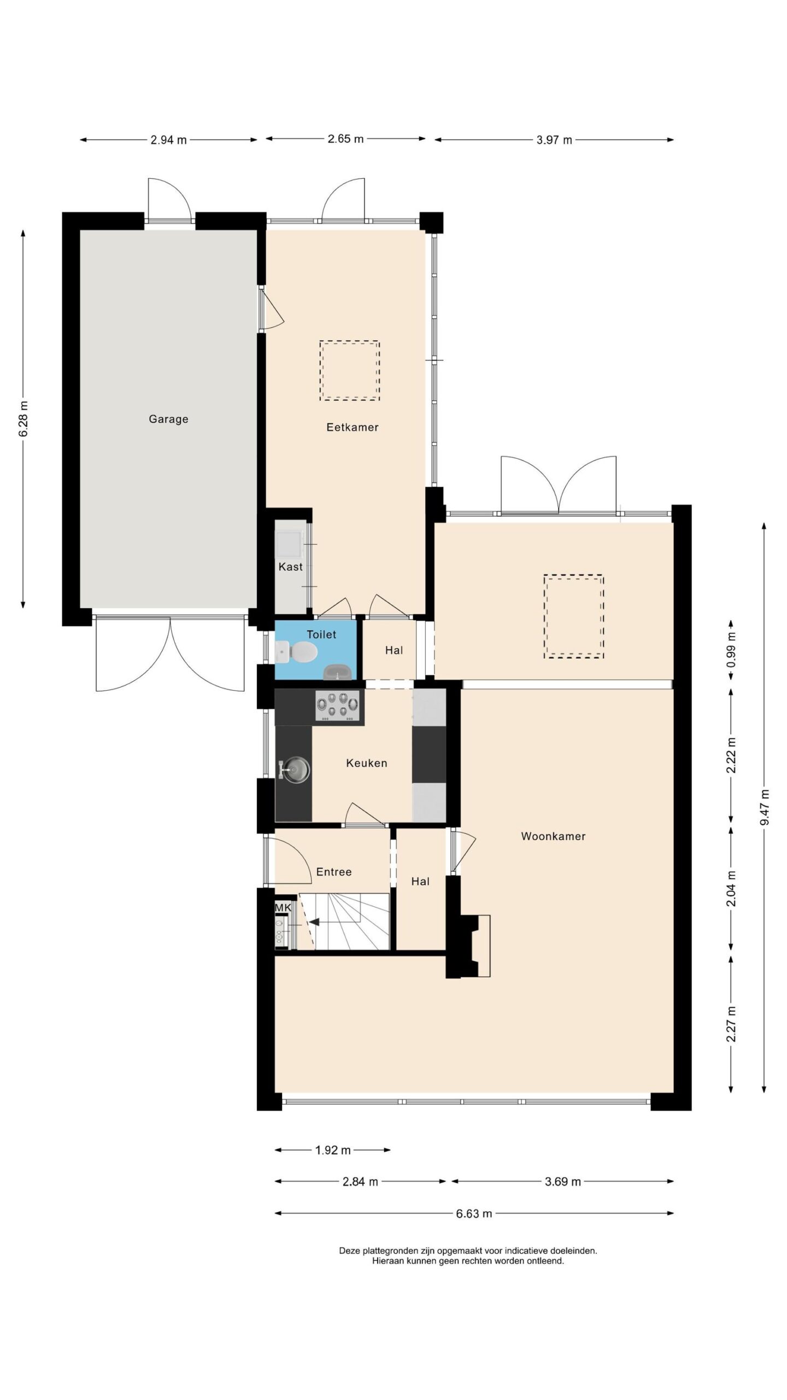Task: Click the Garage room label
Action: coord(168,419)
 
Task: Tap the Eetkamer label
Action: coord(353,427)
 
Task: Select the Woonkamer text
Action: coord(553,836)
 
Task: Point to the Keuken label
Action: coord(367,763)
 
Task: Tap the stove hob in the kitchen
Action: coord(339,707)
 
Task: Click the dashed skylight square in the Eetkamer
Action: coord(350,371)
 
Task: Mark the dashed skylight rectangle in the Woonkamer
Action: coord(573,616)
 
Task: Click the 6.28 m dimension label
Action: coord(24,418)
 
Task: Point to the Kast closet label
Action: coord(290,567)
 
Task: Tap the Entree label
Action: coord(333,872)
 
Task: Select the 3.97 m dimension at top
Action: coord(554,140)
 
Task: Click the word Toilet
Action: coord(321,634)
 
